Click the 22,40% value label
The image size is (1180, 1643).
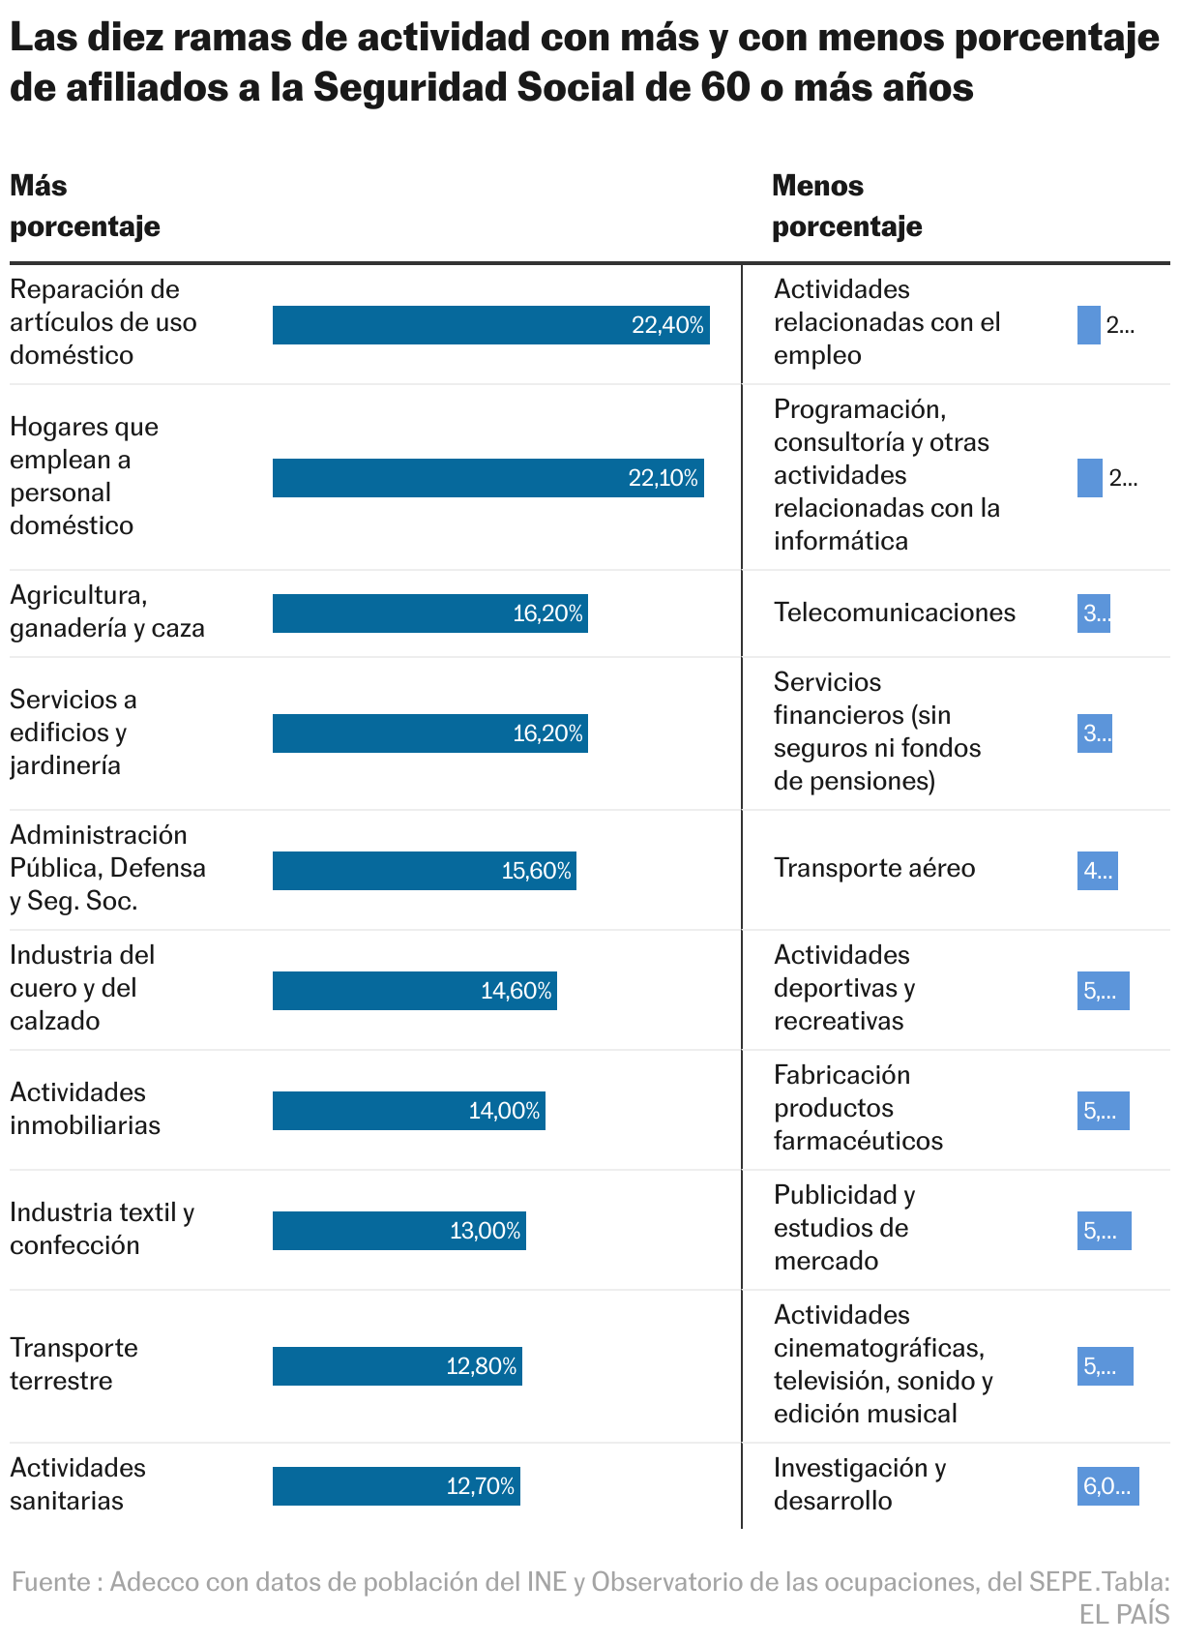click(667, 325)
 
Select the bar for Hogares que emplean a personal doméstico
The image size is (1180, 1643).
click(487, 478)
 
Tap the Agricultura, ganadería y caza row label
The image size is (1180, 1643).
click(106, 612)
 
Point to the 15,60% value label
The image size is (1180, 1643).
click(536, 871)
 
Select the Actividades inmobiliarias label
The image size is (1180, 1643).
click(85, 1109)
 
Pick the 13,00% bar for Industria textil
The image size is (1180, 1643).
click(398, 1231)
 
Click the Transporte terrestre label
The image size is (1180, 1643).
click(74, 1364)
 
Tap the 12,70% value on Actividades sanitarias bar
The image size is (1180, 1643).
click(480, 1486)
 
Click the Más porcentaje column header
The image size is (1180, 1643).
click(85, 206)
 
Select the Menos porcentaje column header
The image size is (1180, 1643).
click(846, 206)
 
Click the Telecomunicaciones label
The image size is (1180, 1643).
click(894, 612)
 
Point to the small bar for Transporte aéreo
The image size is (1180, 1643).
click(1097, 871)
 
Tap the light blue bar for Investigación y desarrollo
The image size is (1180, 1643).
click(1107, 1486)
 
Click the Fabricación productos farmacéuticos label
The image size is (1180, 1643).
click(857, 1108)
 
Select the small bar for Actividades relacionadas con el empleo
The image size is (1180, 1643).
click(1088, 325)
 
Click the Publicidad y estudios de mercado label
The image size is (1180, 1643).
click(843, 1228)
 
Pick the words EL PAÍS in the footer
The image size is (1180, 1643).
click(1124, 1615)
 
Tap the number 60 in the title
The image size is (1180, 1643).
click(724, 88)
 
